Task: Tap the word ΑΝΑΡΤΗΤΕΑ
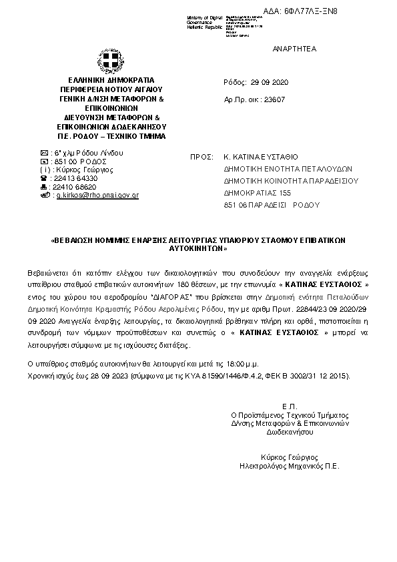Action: [294, 49]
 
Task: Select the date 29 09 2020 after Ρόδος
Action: [268, 81]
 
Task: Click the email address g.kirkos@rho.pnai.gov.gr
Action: [97, 195]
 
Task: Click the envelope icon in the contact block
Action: [44, 152]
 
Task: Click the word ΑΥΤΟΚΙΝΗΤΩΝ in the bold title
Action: [199, 248]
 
